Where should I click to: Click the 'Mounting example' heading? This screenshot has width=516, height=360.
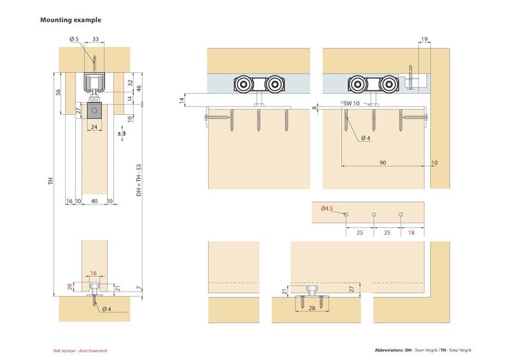(x=71, y=20)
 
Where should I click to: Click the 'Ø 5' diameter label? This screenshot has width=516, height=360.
(x=74, y=40)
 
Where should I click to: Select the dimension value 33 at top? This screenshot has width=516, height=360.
(x=95, y=40)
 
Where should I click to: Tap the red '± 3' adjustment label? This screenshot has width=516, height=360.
(x=121, y=134)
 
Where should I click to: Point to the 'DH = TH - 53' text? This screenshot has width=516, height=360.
(x=139, y=180)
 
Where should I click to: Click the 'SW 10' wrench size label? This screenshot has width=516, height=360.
(x=352, y=103)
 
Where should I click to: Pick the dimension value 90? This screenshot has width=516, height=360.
(x=383, y=163)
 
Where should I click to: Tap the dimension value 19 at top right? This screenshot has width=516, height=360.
(x=423, y=40)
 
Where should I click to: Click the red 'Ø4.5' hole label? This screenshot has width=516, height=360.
(x=326, y=209)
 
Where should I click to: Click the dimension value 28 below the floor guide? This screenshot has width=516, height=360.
(x=312, y=309)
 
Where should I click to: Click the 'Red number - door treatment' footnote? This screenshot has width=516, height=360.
(x=80, y=350)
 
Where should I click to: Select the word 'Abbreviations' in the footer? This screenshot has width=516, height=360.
(x=388, y=350)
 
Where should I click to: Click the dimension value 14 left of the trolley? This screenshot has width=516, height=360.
(x=182, y=100)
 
